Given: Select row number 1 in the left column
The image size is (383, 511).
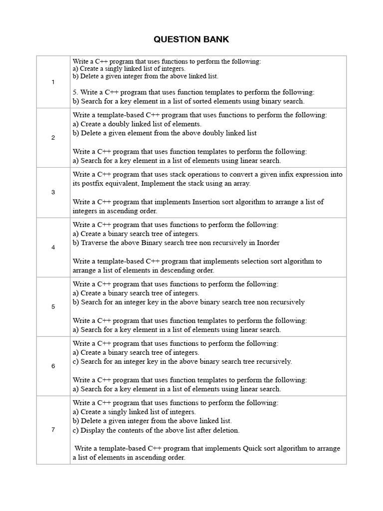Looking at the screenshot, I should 53,82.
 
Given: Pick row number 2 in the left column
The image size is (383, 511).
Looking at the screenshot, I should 53,138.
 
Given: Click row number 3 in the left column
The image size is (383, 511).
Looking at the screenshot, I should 53,192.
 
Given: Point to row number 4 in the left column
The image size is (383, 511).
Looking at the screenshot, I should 53,247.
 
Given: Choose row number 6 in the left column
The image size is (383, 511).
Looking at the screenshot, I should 53,366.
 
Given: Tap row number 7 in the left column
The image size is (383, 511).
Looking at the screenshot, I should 53,430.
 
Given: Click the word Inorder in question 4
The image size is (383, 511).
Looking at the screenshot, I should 268,243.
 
